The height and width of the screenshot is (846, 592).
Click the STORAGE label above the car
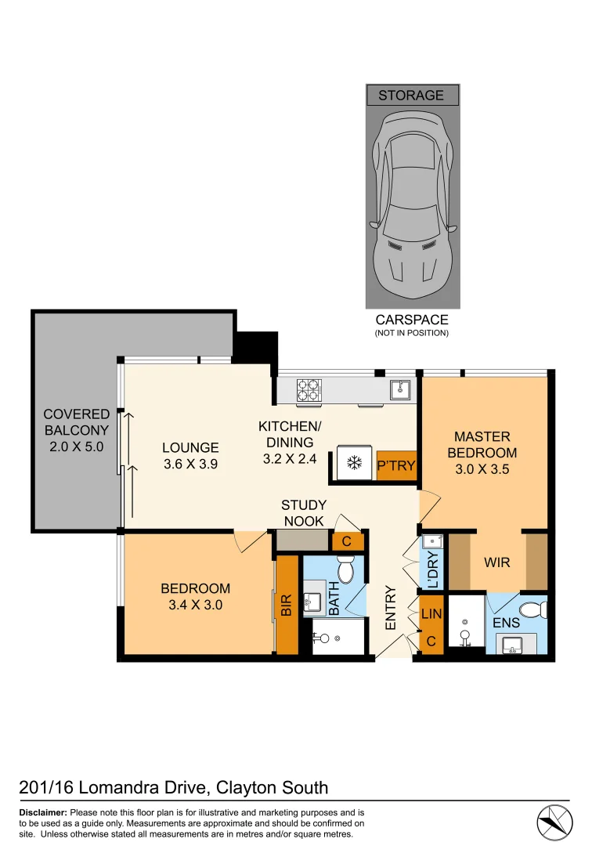(411, 96)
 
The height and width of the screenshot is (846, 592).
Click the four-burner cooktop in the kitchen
(309, 389)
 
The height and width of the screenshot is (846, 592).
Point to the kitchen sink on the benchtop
(402, 389)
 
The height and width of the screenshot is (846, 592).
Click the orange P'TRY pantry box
(395, 465)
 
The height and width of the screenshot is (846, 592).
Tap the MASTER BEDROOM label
(482, 444)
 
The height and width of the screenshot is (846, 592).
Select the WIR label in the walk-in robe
(497, 562)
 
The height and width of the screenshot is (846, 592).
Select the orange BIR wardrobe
(287, 605)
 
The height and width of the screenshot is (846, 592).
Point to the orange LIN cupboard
(431, 616)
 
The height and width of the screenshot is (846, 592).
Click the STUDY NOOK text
(304, 513)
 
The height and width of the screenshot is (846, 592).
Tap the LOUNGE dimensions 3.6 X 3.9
(190, 464)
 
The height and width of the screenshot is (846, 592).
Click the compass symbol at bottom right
(555, 822)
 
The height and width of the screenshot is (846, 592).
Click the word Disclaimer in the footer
(42, 813)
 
